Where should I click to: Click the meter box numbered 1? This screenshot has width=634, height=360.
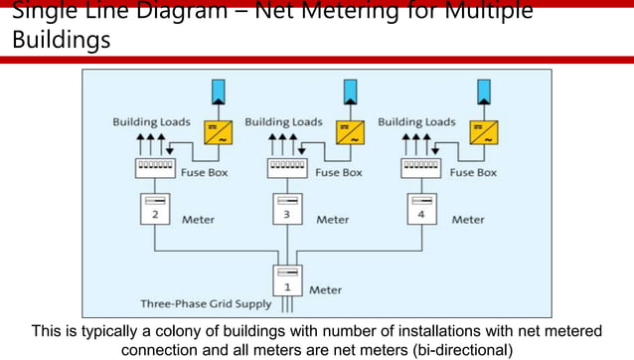click(x=287, y=279)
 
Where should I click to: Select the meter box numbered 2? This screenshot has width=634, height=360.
click(x=154, y=209)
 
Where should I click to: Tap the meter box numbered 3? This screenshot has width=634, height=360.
click(x=287, y=209)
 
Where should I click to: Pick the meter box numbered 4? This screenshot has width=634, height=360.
click(x=422, y=209)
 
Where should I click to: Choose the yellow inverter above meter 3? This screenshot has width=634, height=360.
click(x=350, y=133)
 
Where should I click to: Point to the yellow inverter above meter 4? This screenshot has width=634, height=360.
click(x=484, y=133)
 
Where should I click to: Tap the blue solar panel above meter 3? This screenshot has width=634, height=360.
click(x=350, y=91)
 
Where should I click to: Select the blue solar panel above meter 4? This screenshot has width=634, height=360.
click(x=484, y=91)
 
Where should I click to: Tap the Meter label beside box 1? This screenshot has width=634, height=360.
click(x=326, y=290)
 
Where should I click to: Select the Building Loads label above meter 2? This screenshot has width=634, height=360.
click(x=147, y=122)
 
